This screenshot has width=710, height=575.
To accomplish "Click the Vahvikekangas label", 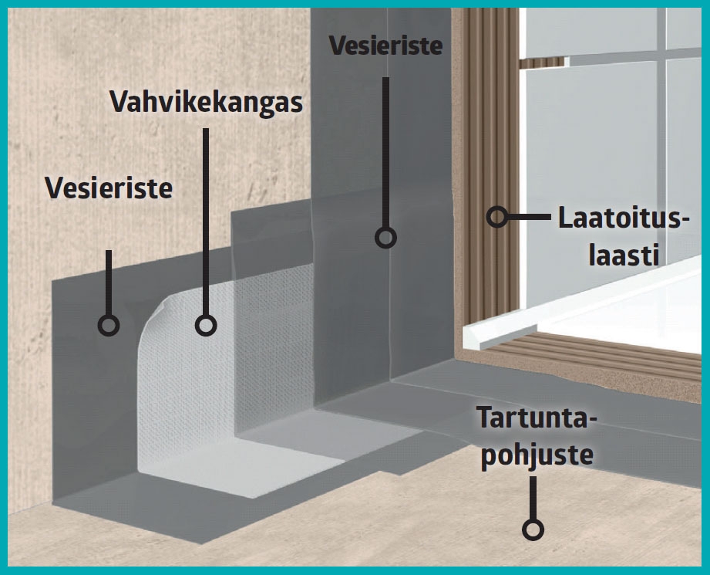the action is coord(206,102).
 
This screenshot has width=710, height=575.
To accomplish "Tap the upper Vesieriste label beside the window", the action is coord(385,46).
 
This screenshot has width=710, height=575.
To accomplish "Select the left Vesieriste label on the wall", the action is coord(109,188).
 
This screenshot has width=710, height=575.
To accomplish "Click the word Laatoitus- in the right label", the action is coord(624,218).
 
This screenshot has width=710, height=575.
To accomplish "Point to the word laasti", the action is coord(624,255).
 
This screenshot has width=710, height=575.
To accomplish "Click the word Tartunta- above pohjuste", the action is coord(536,418).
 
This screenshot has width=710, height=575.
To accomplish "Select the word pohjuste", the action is coord(537,455).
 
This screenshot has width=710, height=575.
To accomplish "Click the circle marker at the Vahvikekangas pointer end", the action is coord(206,325).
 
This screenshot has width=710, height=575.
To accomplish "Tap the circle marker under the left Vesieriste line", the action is coord(109,325).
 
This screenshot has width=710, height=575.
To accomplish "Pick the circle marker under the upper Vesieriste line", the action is coord(385,237).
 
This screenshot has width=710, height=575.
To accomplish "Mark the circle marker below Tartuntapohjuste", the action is coord(533,529).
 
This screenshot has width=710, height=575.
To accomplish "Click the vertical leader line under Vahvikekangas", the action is coord(206,222).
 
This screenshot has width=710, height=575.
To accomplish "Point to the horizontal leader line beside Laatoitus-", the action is coord(530,217).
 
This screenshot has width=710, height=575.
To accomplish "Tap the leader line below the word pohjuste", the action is coord(533,498).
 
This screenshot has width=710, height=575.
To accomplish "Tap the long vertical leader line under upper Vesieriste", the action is coord(385,152).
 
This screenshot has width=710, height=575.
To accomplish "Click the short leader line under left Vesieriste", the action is coord(109,282).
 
